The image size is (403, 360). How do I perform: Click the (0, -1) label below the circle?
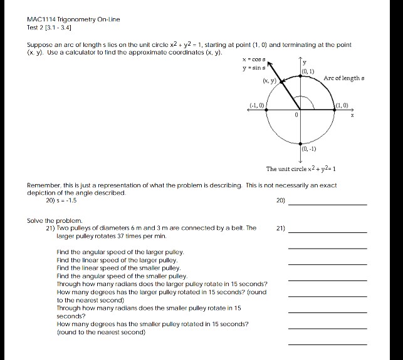[x=309, y=148]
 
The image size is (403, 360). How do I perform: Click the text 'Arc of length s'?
[x=345, y=78]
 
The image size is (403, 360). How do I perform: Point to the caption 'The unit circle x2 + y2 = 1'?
[x=302, y=169]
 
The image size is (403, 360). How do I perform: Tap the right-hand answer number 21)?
[x=280, y=229]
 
